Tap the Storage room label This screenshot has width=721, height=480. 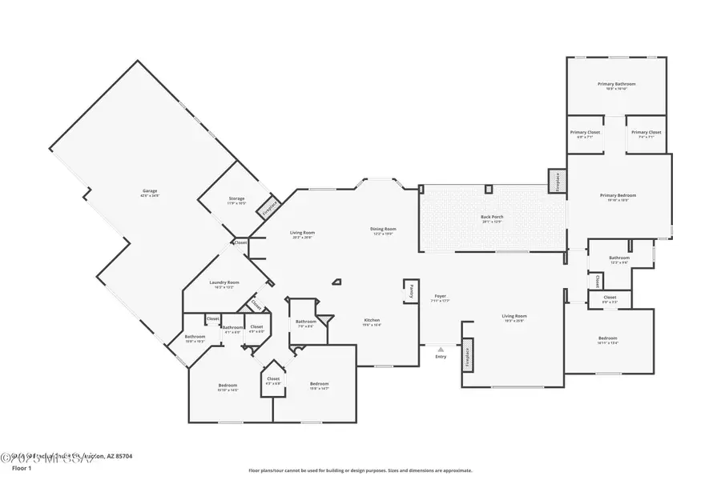(236, 199)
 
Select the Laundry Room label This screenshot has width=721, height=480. (224, 282)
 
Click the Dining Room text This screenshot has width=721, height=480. (383, 230)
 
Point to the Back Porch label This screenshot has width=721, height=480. (491, 218)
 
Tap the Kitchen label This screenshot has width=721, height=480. (371, 321)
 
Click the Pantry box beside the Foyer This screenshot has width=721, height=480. (409, 291)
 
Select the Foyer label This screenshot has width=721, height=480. (440, 297)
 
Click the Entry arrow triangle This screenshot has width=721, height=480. (440, 350)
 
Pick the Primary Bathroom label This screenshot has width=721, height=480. (616, 85)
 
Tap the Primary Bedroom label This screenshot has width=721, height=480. (618, 196)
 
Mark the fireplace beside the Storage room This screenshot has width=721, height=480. (268, 208)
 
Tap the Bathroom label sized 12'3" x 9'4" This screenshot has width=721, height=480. (619, 258)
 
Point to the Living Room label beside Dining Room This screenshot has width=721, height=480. (302, 234)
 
